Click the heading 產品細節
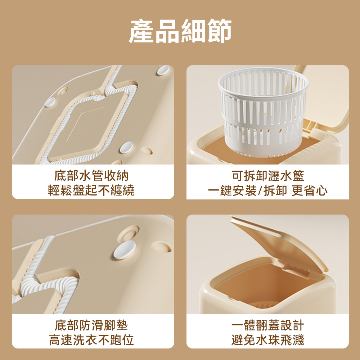click(x=180, y=31)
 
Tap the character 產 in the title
click(x=141, y=31)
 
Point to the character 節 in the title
click(x=219, y=31)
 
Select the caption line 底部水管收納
click(x=91, y=176)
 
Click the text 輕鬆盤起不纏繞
click(x=91, y=190)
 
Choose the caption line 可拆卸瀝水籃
click(x=268, y=176)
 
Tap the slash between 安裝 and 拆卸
click(x=260, y=190)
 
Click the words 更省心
click(x=310, y=190)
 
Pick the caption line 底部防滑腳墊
click(x=91, y=325)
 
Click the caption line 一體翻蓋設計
click(x=268, y=325)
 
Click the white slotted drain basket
click(x=263, y=112)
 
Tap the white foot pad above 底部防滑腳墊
click(x=125, y=250)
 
